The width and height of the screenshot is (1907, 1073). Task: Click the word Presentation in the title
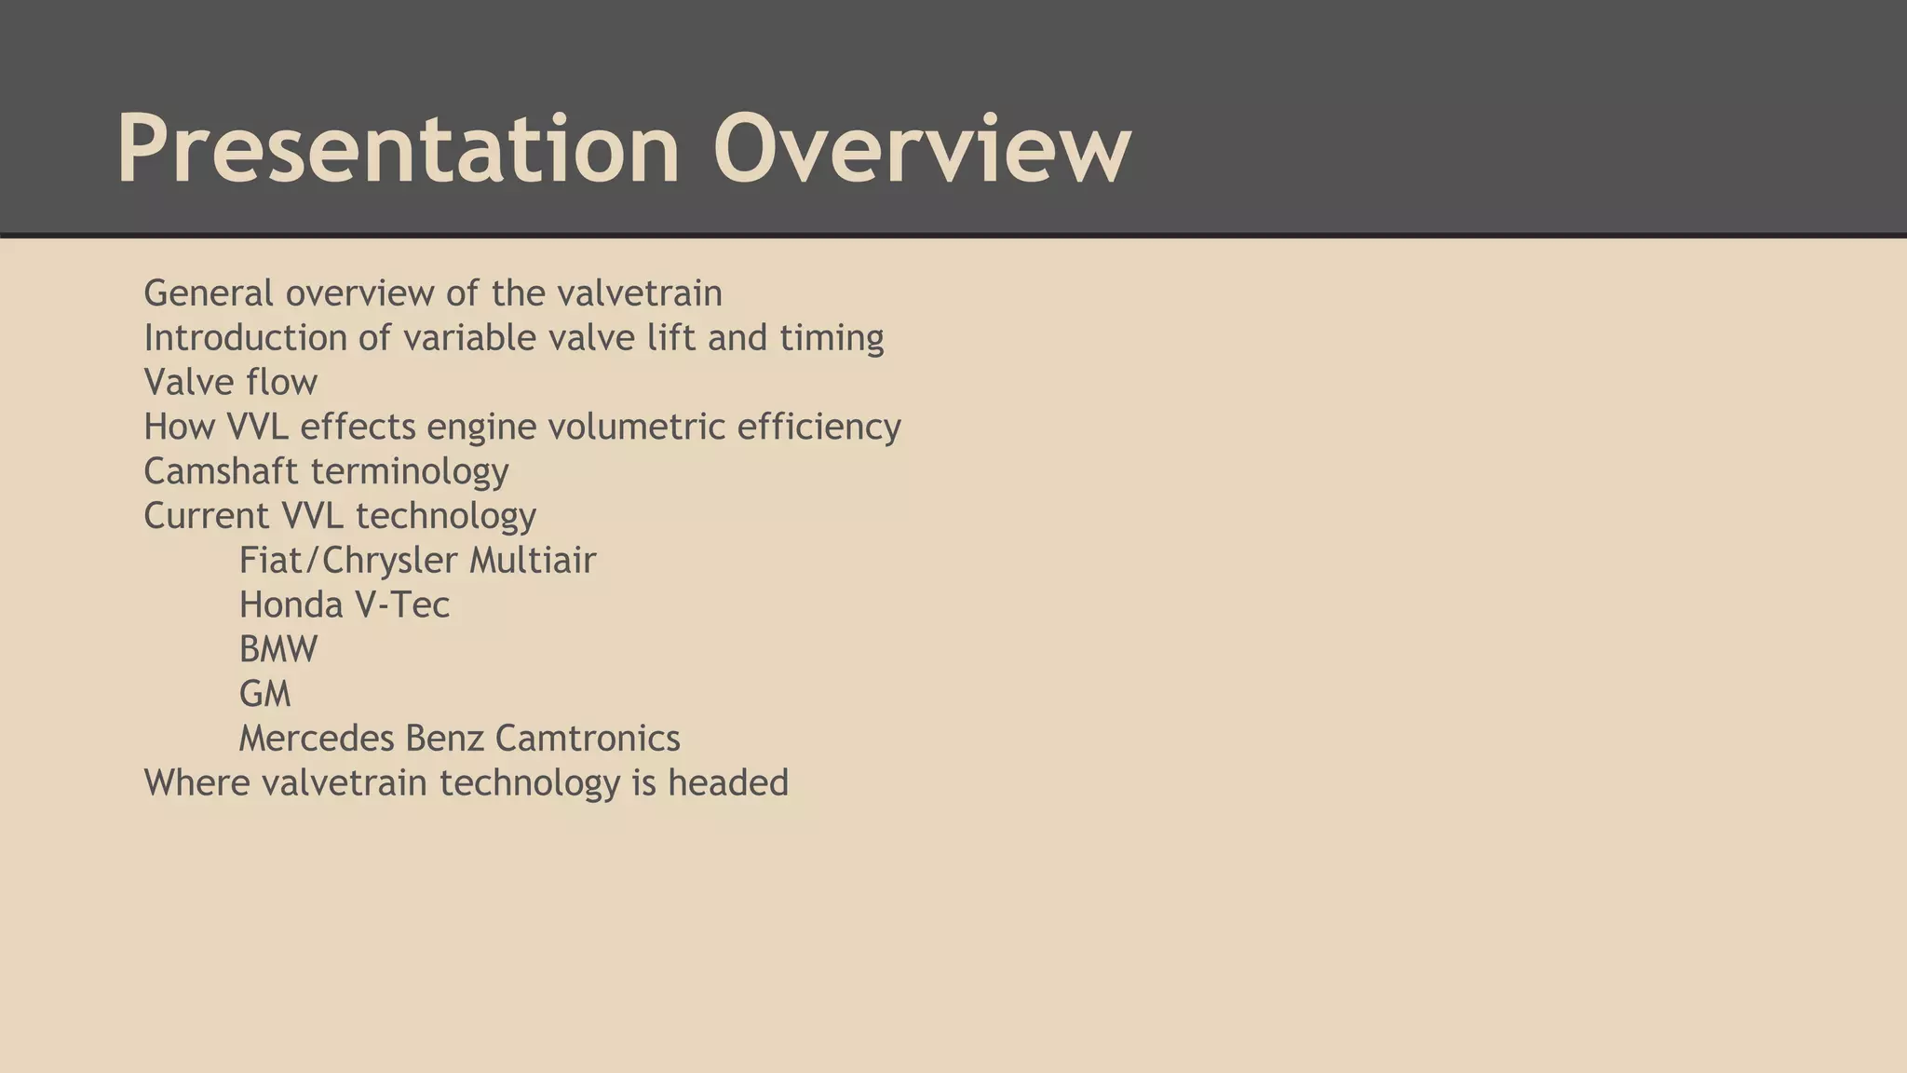pyautogui.click(x=398, y=149)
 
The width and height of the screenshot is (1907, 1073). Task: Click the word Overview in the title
pyautogui.click(x=922, y=149)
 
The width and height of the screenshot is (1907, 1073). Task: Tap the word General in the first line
pyautogui.click(x=209, y=293)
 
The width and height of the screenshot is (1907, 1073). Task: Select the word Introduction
pyautogui.click(x=245, y=337)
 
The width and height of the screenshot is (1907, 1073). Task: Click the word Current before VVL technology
pyautogui.click(x=206, y=516)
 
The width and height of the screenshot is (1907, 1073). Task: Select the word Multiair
pyautogui.click(x=533, y=561)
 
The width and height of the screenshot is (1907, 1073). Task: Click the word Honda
pyautogui.click(x=291, y=605)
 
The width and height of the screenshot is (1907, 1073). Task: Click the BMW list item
pyautogui.click(x=277, y=649)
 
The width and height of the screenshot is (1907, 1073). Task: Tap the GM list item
pyautogui.click(x=264, y=694)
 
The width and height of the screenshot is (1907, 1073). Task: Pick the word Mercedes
pyautogui.click(x=317, y=739)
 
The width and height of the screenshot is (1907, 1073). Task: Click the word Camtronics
pyautogui.click(x=588, y=739)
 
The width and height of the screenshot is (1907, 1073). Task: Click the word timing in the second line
pyautogui.click(x=832, y=337)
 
